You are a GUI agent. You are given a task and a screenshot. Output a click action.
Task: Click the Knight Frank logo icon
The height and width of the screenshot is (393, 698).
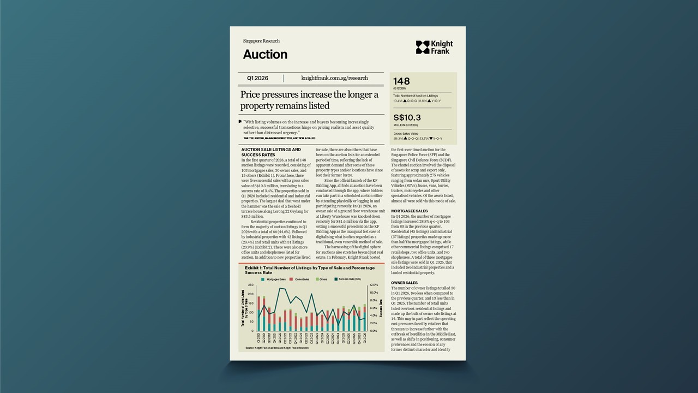point(423,47)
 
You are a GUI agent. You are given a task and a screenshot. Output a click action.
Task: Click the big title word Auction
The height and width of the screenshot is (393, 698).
point(265,54)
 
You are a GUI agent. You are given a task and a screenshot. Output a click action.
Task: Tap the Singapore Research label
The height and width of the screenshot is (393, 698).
point(261,41)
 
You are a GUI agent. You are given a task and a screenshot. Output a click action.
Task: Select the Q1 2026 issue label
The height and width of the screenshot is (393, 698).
point(257,78)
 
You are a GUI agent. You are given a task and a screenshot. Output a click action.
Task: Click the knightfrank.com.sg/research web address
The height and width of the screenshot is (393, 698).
point(334,78)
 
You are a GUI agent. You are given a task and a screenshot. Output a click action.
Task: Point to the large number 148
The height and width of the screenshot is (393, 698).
point(401,82)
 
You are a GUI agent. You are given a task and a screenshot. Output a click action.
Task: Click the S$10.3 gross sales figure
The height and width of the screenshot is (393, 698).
point(407,117)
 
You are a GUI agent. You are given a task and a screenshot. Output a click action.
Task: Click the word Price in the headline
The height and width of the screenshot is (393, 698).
point(253,95)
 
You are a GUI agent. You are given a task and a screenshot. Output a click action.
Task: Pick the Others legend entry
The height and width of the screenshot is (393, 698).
point(322,279)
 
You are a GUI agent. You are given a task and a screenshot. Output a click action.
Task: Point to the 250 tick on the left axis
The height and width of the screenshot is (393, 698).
point(250,285)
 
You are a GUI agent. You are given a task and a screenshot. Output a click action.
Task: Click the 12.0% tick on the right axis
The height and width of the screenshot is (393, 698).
point(374,285)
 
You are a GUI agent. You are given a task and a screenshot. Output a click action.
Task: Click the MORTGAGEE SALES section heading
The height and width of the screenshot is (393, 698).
point(410,211)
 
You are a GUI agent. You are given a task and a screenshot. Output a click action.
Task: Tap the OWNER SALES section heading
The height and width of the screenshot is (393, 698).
point(405,283)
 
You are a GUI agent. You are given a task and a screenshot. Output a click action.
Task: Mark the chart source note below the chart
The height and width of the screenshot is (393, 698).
point(277,348)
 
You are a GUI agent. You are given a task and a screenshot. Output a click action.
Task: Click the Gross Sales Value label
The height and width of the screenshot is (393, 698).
point(406,133)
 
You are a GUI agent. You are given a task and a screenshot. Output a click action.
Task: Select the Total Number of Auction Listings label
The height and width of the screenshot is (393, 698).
point(416,96)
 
